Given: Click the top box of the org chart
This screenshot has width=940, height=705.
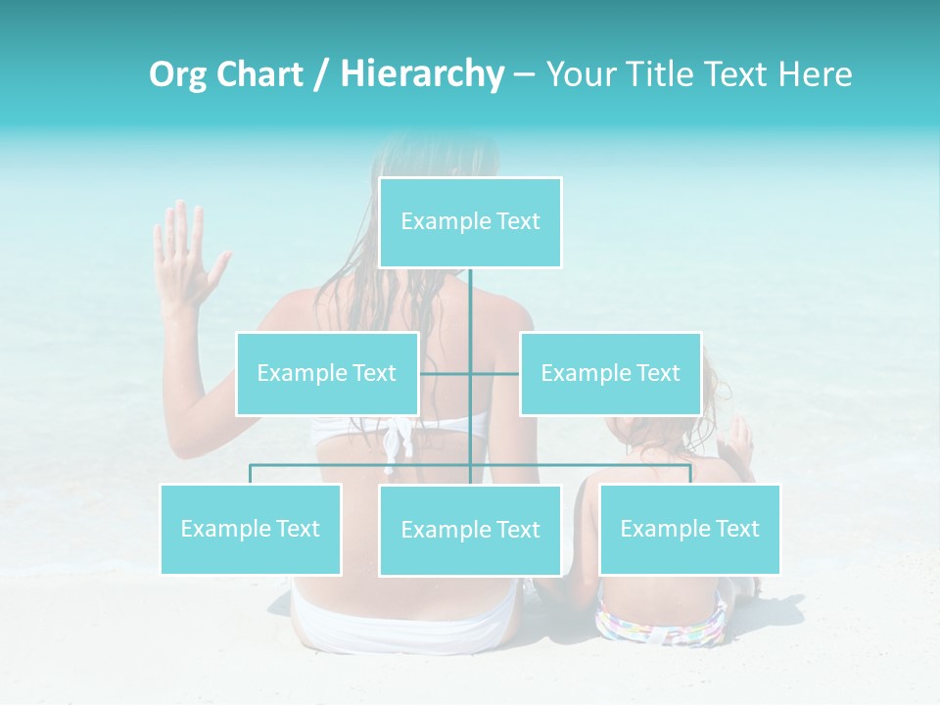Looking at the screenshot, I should (470, 222).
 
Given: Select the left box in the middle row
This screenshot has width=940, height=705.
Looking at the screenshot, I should (327, 373).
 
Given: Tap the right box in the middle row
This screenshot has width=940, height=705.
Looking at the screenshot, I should (610, 373).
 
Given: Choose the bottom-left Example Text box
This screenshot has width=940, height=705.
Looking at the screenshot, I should (250, 529).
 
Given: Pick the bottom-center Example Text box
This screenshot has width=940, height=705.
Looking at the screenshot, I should (470, 530).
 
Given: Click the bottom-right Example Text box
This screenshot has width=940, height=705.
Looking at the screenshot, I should (689, 529).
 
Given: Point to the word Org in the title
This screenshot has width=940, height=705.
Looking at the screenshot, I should (177, 74).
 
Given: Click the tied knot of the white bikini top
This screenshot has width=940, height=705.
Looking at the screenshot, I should (397, 441).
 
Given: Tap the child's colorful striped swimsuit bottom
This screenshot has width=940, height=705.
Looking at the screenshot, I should (661, 622).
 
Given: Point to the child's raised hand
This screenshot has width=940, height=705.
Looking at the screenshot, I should (739, 441).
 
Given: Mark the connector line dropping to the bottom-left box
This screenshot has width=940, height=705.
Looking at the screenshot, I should (250, 474).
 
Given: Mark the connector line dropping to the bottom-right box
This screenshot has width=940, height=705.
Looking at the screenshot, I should (690, 474).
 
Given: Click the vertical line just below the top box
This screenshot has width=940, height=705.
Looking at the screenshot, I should (470, 294).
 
